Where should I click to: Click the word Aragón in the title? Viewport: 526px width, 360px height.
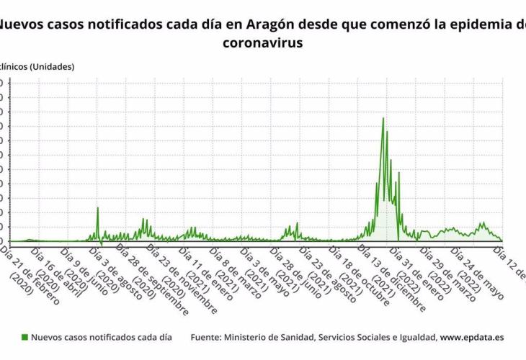pyautogui.click(x=270, y=24)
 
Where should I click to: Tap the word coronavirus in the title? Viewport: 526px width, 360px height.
pyautogui.click(x=263, y=42)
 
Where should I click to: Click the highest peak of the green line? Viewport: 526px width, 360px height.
pyautogui.click(x=383, y=118)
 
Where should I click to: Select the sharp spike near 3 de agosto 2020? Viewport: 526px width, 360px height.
pyautogui.click(x=97, y=208)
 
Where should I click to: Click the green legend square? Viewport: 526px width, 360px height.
pyautogui.click(x=24, y=336)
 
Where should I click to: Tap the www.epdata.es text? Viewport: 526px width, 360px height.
pyautogui.click(x=472, y=336)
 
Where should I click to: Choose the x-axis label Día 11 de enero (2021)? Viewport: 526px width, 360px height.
pyautogui.click(x=202, y=274)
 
